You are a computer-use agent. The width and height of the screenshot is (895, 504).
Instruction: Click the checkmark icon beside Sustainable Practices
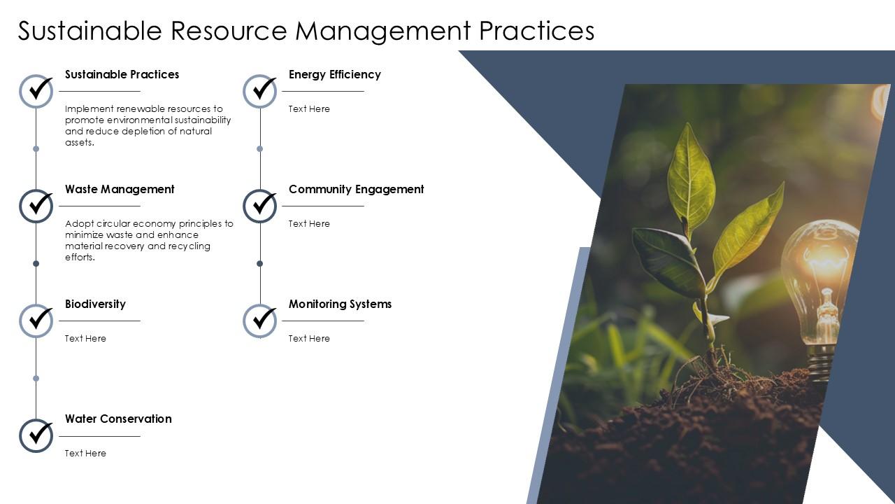(x=36, y=91)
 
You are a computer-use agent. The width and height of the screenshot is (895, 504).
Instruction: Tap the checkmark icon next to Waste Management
(x=36, y=206)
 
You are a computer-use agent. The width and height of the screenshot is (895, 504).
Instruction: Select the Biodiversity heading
(x=95, y=304)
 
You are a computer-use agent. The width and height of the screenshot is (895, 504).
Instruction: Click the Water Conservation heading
(x=118, y=419)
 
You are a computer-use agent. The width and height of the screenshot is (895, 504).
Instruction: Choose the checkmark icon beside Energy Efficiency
(x=260, y=91)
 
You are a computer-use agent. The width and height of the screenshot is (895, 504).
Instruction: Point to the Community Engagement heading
(x=356, y=189)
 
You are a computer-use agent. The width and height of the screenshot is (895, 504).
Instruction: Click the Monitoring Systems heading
(x=340, y=304)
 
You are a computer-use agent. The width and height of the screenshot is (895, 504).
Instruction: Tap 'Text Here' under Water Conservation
(x=85, y=453)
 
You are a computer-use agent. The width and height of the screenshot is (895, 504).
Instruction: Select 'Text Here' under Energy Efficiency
(x=309, y=108)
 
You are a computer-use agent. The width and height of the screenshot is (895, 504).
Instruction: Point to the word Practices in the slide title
(x=536, y=31)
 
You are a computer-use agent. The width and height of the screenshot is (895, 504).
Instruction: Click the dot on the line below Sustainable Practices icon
(x=36, y=148)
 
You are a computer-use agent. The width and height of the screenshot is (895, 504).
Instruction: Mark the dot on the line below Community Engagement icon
(x=260, y=263)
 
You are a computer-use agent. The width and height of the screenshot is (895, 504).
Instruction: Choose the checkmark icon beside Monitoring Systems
(x=260, y=321)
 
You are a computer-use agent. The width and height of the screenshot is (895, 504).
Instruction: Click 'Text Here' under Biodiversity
(x=85, y=338)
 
